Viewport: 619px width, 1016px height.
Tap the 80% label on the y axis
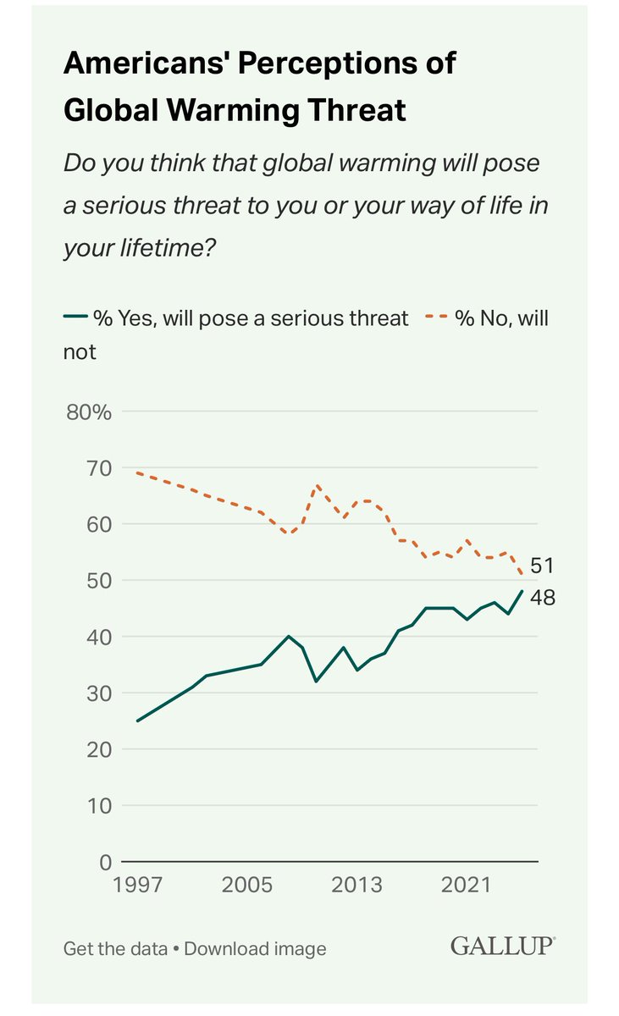pos(89,411)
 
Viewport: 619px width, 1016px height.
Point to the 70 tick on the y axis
pos(98,468)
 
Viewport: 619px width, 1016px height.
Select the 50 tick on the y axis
pos(98,581)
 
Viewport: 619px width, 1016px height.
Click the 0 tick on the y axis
pos(105,863)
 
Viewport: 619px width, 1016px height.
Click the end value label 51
pos(542,566)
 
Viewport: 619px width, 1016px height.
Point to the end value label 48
pos(543,598)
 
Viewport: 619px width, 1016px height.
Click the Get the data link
pos(114,948)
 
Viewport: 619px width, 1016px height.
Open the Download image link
pos(255,948)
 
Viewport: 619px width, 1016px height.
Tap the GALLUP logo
pos(502,946)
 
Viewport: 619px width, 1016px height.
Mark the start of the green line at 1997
pos(137,721)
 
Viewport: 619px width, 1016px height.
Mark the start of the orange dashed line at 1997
pos(137,473)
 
